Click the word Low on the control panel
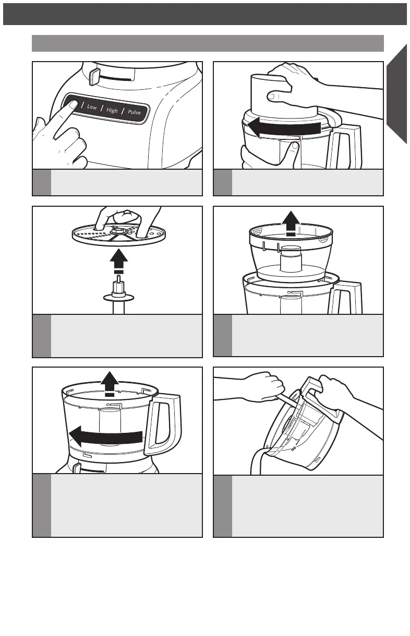coord(92,107)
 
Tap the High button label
coord(112,110)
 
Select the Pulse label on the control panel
coord(134,112)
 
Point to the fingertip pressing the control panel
coord(73,104)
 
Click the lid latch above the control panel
coord(94,76)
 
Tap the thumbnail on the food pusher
coord(271,96)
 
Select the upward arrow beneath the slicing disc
coord(119,262)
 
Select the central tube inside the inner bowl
coord(291,258)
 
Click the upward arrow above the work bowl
coord(110,383)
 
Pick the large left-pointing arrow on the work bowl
coord(106,436)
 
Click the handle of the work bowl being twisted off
coord(163,424)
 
